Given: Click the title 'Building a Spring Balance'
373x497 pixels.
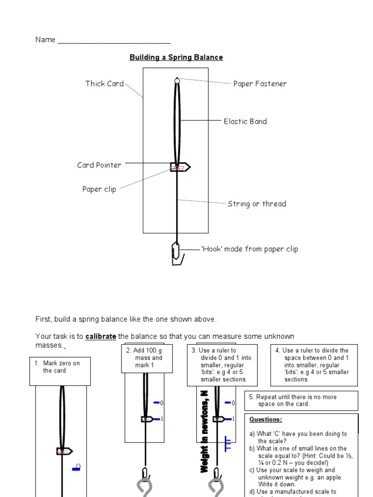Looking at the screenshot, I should point(176,57).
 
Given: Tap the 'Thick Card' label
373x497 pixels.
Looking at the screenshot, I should point(104,83).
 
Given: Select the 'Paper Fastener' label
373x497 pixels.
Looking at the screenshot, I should point(260,83).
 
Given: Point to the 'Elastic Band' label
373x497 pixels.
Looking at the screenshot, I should point(245,121).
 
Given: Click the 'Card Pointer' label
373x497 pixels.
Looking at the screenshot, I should point(99,165).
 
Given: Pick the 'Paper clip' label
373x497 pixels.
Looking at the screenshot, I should point(99,189).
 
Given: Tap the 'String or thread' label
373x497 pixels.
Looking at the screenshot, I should point(257,204).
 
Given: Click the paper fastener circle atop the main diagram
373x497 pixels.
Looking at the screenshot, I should point(177,81).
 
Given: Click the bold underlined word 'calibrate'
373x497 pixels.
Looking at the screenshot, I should point(101,336).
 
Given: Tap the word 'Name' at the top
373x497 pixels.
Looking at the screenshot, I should point(45,40).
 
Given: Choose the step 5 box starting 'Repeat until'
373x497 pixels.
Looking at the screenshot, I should point(301,400).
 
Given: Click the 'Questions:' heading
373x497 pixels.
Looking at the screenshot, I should point(265,419).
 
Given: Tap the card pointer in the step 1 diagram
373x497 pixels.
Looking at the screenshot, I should point(64,451).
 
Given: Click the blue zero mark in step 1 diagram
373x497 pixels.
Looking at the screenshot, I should point(76,468).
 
